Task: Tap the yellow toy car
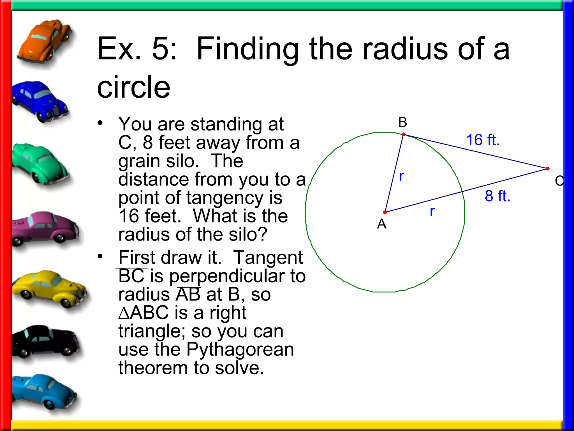(x=49, y=289)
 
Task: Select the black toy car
(x=46, y=342)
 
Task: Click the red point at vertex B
(x=403, y=134)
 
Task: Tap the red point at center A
(x=385, y=212)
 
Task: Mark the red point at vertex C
(x=548, y=169)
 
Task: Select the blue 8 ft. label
(x=497, y=196)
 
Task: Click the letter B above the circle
(x=403, y=122)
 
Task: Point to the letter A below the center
(x=382, y=224)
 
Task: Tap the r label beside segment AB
(x=402, y=176)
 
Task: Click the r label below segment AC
(x=432, y=211)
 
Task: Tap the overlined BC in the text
(x=131, y=276)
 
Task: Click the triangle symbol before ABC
(x=124, y=313)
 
